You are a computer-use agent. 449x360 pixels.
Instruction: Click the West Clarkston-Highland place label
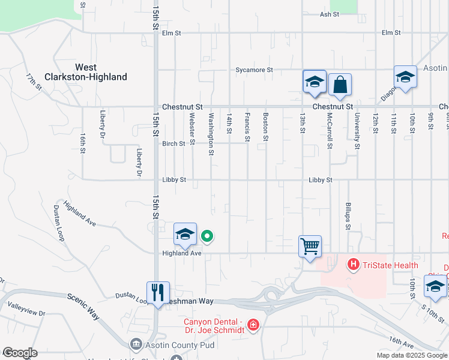point(86,72)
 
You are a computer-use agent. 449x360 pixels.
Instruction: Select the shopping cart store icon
point(310,246)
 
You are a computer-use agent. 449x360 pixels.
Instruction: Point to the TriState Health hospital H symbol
point(353,263)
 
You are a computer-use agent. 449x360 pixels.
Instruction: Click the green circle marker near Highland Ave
point(207,236)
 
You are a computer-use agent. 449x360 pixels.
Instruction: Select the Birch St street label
point(173,143)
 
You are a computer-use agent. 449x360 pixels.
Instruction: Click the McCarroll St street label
point(329,131)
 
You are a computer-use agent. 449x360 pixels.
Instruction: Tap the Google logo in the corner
point(20,353)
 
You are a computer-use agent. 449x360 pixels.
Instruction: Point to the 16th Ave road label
point(400,340)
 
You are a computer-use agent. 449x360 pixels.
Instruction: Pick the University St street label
point(357,131)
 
